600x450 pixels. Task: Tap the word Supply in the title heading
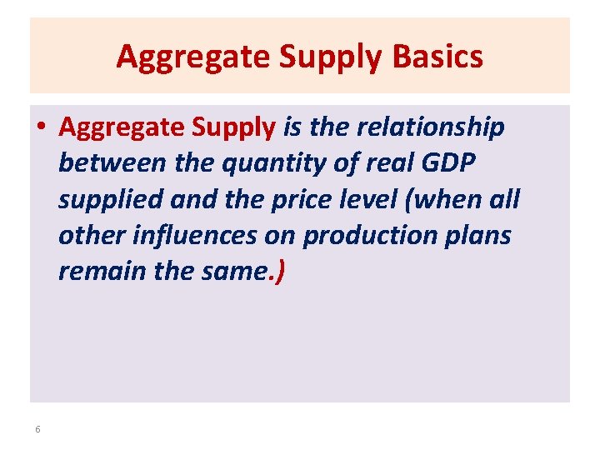pos(314,57)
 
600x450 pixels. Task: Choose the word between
pos(114,163)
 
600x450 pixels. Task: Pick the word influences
pos(193,236)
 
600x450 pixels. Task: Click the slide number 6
pos(37,429)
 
